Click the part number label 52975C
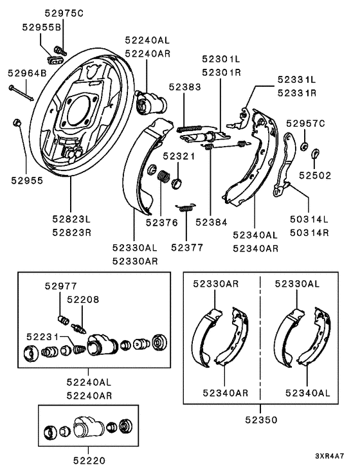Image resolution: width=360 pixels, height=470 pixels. coord(64,13)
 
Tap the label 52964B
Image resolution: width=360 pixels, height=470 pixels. coord(27,73)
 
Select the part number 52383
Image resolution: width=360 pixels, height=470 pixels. coord(184,87)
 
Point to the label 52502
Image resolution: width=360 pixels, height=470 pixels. coord(315,176)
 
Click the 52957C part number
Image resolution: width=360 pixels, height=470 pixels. coord(305,123)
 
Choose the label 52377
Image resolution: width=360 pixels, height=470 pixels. coord(187,248)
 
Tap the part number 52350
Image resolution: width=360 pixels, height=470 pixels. coord(261,420)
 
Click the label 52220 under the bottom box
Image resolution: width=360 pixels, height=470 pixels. coord(89,460)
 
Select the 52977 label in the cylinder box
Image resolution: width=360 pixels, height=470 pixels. coord(61,286)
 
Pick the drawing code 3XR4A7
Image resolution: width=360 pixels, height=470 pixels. coord(329,456)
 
